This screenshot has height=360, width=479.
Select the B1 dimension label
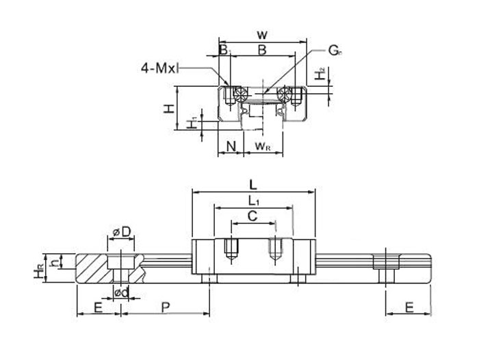(x=224, y=50)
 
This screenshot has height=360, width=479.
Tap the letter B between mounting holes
(x=261, y=50)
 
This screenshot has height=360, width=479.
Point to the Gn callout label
(x=335, y=50)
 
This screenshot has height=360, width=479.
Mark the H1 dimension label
(x=194, y=122)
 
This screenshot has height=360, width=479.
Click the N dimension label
(x=231, y=145)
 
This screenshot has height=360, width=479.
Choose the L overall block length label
(x=253, y=184)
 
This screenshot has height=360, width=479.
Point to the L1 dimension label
(x=253, y=201)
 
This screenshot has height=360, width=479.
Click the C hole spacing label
(x=252, y=216)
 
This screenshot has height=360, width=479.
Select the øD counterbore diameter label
(x=120, y=233)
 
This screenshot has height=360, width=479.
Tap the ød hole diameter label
(x=120, y=293)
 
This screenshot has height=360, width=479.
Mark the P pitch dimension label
(x=165, y=308)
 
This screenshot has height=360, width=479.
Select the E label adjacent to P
(x=98, y=308)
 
